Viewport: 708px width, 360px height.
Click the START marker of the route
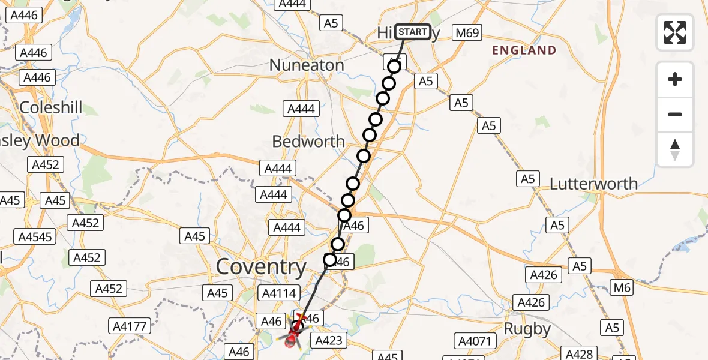413,32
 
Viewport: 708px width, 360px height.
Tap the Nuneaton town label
307,65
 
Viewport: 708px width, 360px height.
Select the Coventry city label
261,267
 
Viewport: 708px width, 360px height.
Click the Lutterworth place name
594,184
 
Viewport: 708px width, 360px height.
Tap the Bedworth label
308,142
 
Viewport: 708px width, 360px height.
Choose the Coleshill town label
51,108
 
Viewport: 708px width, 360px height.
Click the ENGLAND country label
524,50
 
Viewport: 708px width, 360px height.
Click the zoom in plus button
675,79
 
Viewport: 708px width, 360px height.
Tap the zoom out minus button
675,114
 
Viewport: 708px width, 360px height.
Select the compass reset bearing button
675,149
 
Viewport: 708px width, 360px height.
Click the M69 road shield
467,33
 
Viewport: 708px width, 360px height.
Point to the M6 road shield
622,288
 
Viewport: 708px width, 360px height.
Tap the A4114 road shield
277,293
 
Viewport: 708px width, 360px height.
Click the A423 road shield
328,341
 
